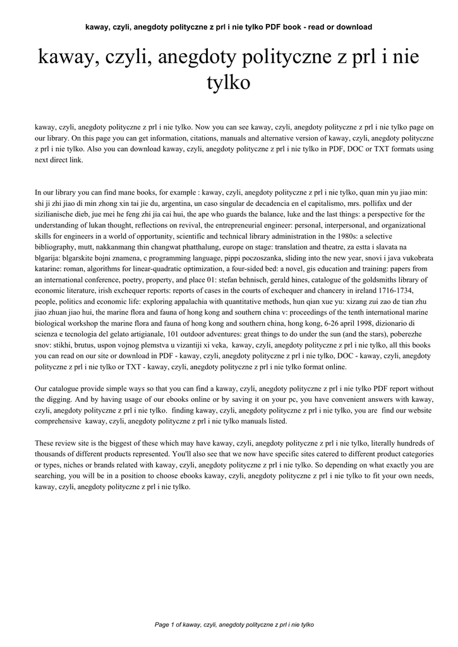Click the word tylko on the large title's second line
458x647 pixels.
229,83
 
